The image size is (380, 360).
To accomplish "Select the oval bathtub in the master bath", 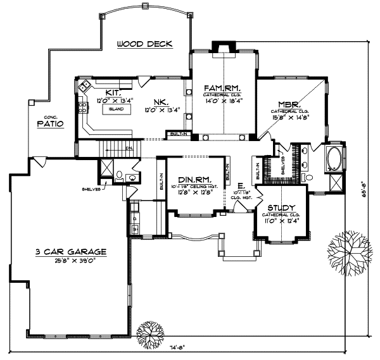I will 333,159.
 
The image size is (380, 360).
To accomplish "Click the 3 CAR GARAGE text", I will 70,251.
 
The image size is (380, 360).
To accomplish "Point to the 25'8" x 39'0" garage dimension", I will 70,260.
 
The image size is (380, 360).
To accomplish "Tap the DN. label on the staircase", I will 129,149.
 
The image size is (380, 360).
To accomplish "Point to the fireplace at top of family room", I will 223,47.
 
